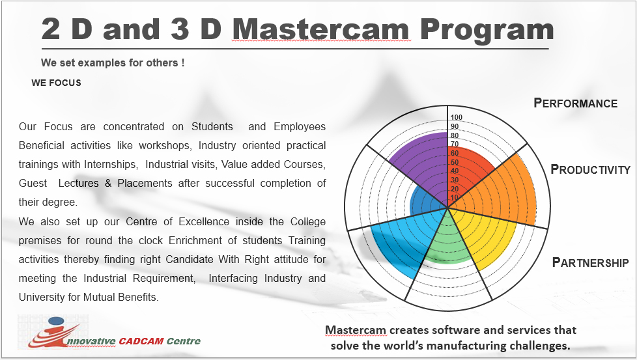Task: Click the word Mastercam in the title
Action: pyautogui.click(x=321, y=29)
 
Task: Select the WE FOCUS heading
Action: pyautogui.click(x=56, y=83)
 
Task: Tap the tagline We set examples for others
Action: pyautogui.click(x=113, y=63)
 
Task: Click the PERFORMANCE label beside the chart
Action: pyautogui.click(x=575, y=103)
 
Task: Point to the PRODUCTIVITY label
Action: pyautogui.click(x=590, y=169)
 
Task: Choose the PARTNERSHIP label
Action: pyautogui.click(x=590, y=262)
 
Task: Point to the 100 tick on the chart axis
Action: pyautogui.click(x=456, y=117)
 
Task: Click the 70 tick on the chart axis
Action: pyautogui.click(x=455, y=144)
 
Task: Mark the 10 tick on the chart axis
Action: pyautogui.click(x=455, y=198)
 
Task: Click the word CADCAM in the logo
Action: pyautogui.click(x=141, y=341)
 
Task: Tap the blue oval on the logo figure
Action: pyautogui.click(x=55, y=322)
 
